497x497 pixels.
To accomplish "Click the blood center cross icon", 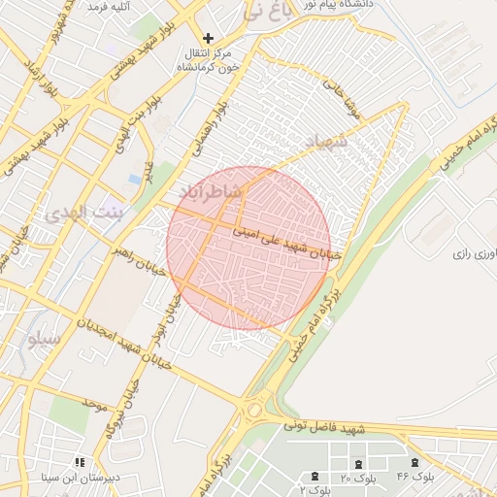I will click(x=208, y=39).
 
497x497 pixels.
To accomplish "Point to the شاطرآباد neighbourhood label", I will click(x=207, y=193).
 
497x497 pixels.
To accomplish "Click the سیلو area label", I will click(x=45, y=339).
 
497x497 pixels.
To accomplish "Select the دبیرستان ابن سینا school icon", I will click(x=80, y=462).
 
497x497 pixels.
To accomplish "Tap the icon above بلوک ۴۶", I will click(x=415, y=462).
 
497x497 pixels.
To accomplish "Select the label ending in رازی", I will click(x=475, y=253).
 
